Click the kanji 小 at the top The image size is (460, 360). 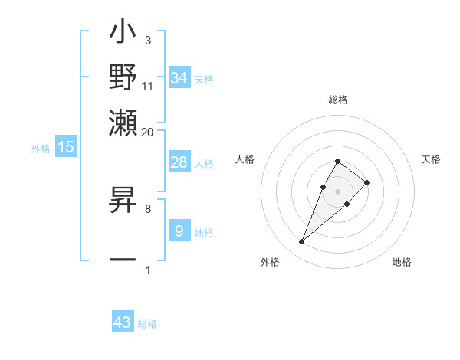click(x=123, y=35)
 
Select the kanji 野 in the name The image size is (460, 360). click(x=123, y=77)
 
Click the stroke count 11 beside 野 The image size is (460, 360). click(x=148, y=86)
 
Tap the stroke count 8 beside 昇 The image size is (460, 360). click(x=147, y=208)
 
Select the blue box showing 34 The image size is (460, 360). click(x=179, y=78)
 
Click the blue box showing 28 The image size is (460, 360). click(x=179, y=162)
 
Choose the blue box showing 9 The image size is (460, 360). click(x=179, y=231)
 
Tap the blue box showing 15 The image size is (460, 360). click(x=66, y=147)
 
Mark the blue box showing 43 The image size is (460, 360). click(x=123, y=322)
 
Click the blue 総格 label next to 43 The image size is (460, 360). click(x=147, y=324)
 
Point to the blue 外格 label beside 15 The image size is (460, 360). click(x=41, y=149)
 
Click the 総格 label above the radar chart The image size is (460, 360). click(x=337, y=100)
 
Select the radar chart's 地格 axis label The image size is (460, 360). click(x=402, y=262)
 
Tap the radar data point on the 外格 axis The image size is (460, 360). click(x=302, y=242)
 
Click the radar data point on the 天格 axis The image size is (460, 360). click(x=367, y=182)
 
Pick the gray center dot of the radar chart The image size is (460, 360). click(x=337, y=191)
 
